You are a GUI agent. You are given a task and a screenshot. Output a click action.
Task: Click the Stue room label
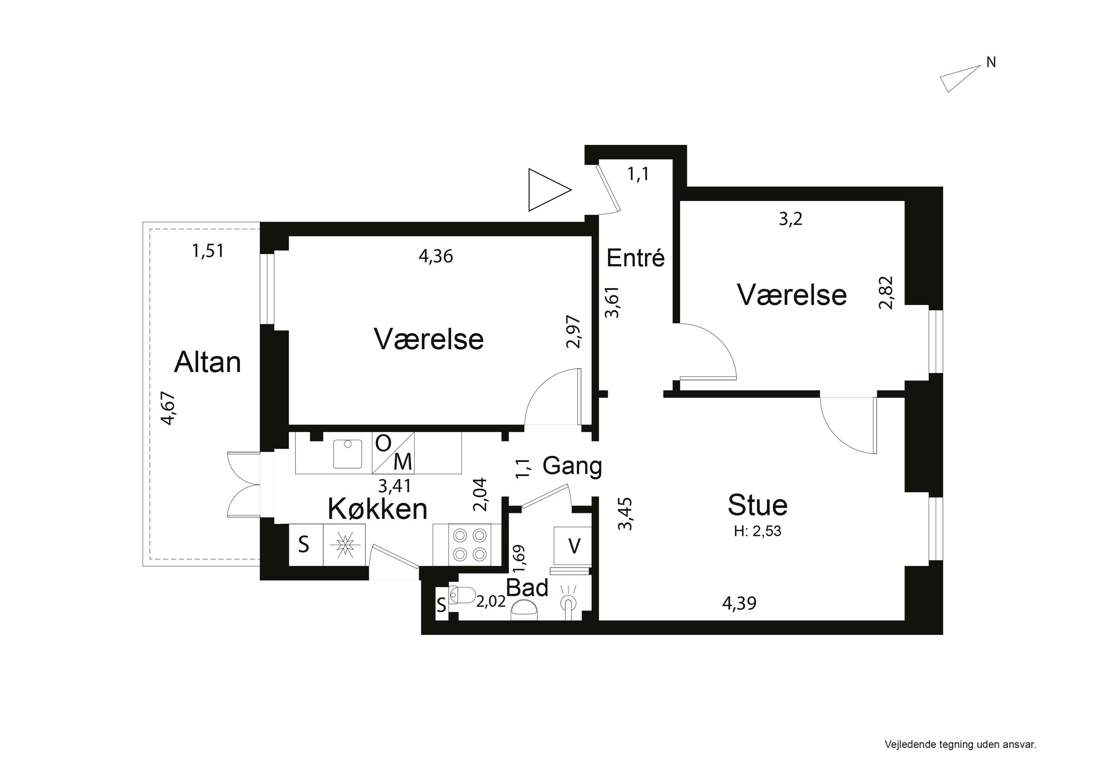click(757, 505)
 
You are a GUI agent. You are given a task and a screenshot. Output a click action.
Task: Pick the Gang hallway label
click(572, 466)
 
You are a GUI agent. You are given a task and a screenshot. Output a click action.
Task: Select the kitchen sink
click(348, 453)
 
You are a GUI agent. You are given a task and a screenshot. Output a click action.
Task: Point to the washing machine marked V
click(573, 546)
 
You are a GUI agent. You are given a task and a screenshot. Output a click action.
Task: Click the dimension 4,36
click(435, 257)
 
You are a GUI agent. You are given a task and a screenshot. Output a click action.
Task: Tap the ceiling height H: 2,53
click(757, 532)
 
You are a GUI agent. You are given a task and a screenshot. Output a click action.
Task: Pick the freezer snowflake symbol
click(344, 544)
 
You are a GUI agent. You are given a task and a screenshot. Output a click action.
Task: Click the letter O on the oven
click(383, 444)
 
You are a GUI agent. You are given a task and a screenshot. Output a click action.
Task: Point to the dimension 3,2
click(790, 220)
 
